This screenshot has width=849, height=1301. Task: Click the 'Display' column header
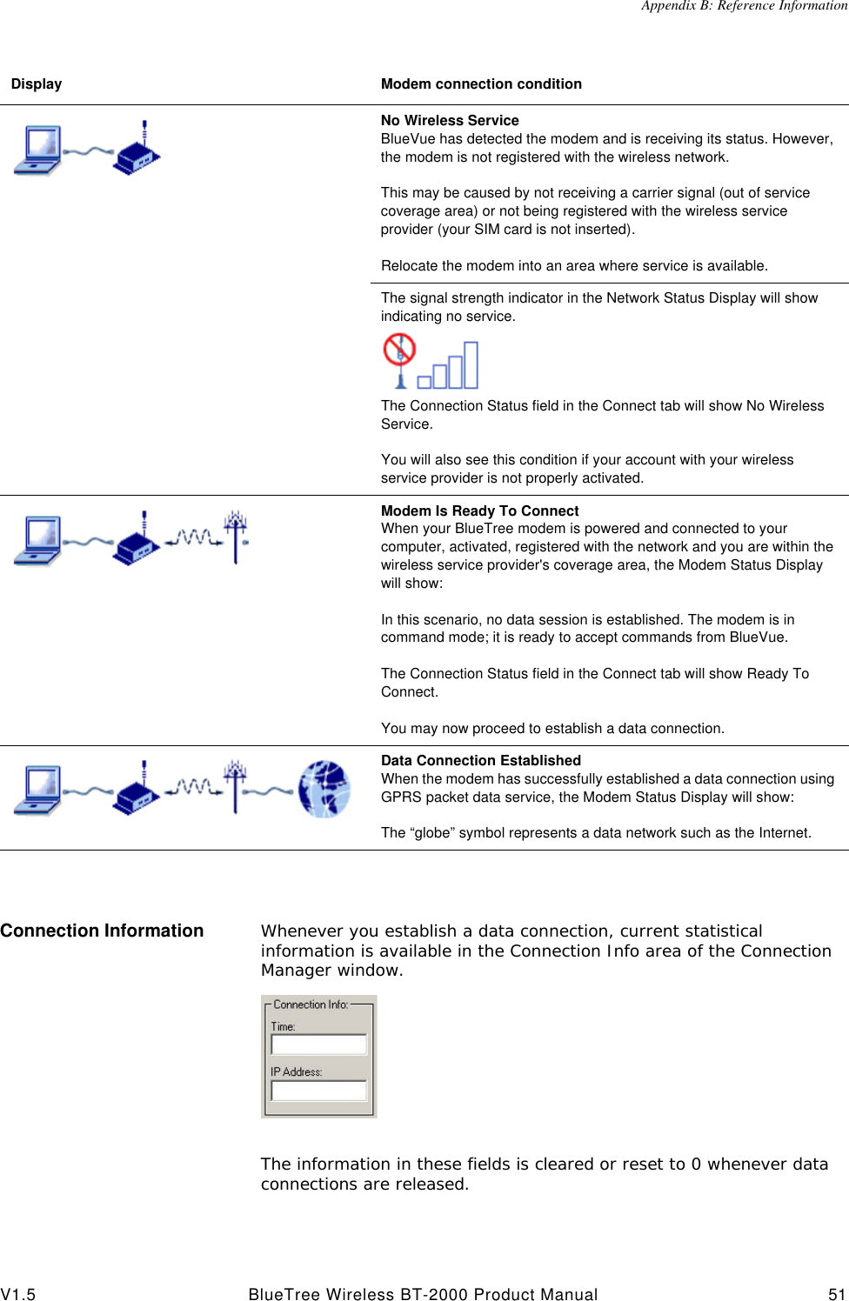37,84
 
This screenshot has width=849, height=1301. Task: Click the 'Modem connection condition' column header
481,84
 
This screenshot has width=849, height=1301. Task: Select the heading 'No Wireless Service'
450,121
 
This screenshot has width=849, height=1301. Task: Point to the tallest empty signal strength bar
471,364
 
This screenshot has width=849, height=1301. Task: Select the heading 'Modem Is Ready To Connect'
479,511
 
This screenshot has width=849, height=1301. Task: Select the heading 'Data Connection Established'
480,761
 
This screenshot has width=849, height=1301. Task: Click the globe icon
324,789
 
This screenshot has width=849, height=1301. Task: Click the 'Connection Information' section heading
102,931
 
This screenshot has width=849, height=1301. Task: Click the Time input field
318,1044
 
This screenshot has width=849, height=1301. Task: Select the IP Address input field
318,1091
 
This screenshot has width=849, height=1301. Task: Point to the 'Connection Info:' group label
311,1004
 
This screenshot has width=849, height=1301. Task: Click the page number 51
836,1294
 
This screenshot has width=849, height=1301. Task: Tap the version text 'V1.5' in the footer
18,1294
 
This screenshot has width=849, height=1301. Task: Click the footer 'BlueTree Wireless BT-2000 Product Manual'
423,1294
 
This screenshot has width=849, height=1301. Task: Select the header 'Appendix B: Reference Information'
744,6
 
